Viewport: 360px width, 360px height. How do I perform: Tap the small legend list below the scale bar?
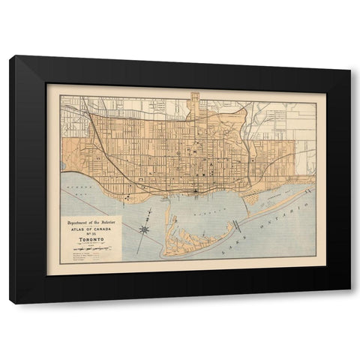tap(88, 256)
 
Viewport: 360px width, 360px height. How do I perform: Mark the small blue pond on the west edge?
tap(62, 165)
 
